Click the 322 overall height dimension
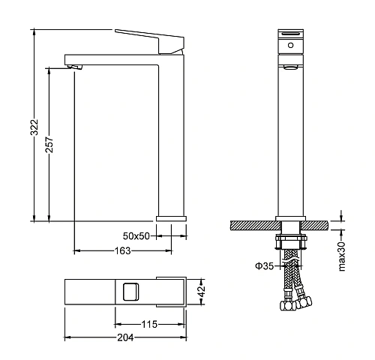point(34,127)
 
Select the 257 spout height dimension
point(49,145)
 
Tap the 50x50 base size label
point(136,235)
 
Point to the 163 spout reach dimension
point(122,250)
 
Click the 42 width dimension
point(201,291)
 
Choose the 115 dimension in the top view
point(149,324)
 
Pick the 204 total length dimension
point(126,337)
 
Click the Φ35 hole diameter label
point(265,265)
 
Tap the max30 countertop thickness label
point(342,256)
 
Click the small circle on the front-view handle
point(290,45)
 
